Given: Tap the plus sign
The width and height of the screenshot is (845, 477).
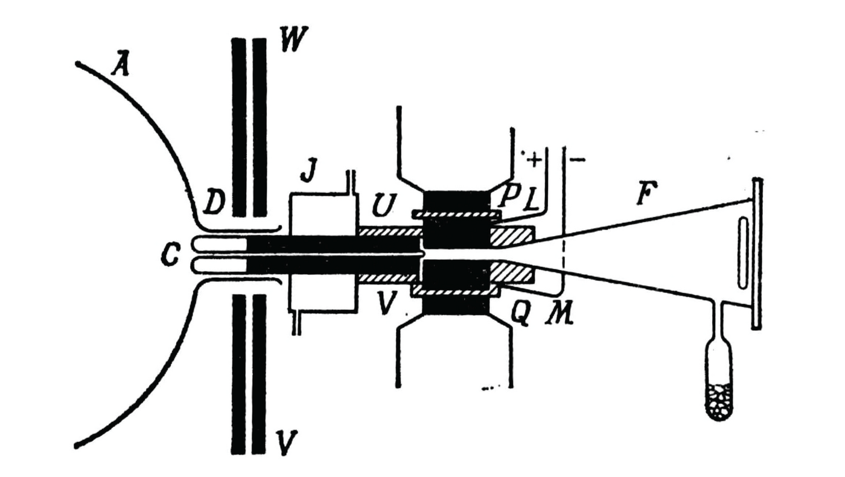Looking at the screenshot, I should (x=534, y=160).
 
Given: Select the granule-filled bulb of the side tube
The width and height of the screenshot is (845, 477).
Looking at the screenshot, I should (x=718, y=399).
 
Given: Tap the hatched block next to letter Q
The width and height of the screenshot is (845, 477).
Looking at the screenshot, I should (x=513, y=273).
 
